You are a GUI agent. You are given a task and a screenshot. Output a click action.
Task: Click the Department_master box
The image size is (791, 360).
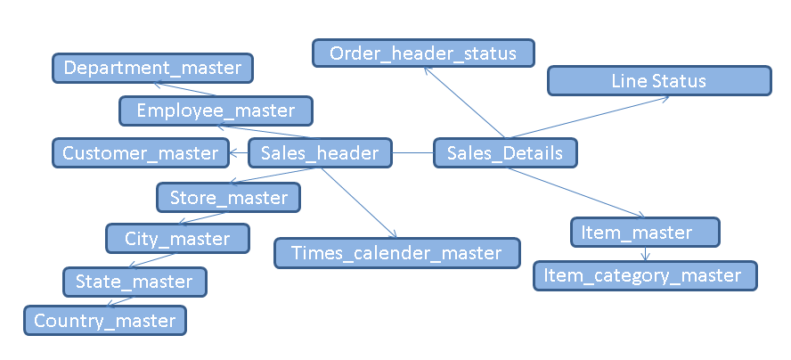point(152,68)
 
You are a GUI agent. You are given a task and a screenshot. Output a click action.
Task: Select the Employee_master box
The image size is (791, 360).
point(216,110)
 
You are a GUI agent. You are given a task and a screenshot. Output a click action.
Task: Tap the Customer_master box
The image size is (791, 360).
point(140,153)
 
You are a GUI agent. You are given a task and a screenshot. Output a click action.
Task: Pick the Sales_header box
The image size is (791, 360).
point(319,153)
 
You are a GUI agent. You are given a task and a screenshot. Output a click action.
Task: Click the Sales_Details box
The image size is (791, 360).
point(505,153)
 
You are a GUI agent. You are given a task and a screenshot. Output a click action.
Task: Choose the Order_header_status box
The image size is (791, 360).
point(422,53)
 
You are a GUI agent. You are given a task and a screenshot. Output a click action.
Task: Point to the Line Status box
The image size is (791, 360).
point(658,81)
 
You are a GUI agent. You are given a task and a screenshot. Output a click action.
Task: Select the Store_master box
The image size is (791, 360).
point(229,197)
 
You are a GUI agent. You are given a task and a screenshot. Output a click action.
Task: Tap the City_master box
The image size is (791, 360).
point(177,239)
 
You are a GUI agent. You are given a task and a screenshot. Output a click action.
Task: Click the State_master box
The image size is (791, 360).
point(135,282)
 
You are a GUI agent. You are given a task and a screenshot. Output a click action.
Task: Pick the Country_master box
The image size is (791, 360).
point(105,320)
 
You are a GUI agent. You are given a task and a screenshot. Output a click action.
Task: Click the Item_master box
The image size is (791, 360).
point(645,233)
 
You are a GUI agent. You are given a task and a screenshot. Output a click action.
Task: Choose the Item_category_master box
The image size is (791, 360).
point(645,275)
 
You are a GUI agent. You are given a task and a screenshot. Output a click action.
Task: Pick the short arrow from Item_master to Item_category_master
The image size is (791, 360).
point(646,254)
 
